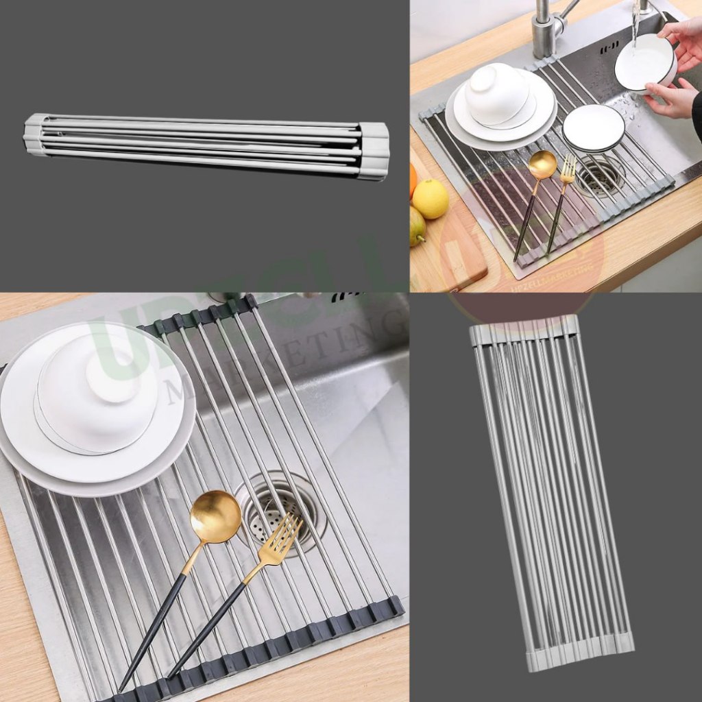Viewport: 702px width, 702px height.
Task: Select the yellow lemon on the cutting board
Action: click(430, 199)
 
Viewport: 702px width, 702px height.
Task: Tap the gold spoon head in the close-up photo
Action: click(216, 516)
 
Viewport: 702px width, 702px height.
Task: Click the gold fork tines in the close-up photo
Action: click(282, 535)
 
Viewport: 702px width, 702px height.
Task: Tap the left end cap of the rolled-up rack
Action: click(34, 134)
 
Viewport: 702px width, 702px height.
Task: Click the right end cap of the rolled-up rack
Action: click(374, 149)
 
